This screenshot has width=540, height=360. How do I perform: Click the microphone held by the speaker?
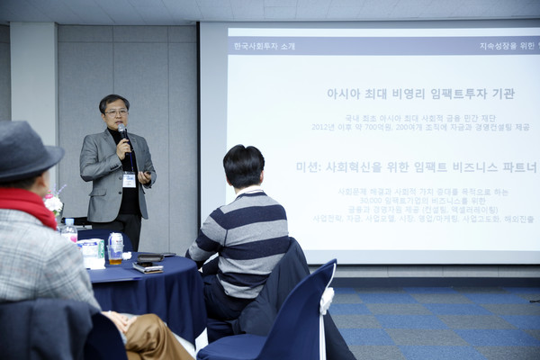click(x=124, y=134)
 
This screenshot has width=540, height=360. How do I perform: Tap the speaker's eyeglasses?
click(x=115, y=112)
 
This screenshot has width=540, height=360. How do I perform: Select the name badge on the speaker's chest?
click(x=130, y=179)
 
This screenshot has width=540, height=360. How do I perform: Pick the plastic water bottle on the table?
click(x=68, y=230)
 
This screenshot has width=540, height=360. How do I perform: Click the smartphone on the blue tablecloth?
click(x=148, y=266)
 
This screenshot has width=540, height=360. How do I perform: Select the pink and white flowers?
click(x=54, y=204)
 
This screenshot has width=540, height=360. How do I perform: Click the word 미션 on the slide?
click(x=309, y=167)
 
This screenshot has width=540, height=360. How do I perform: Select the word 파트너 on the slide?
click(x=518, y=167)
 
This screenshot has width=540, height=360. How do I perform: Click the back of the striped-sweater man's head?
click(x=244, y=166)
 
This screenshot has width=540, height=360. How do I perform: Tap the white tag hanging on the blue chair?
click(x=326, y=301)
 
